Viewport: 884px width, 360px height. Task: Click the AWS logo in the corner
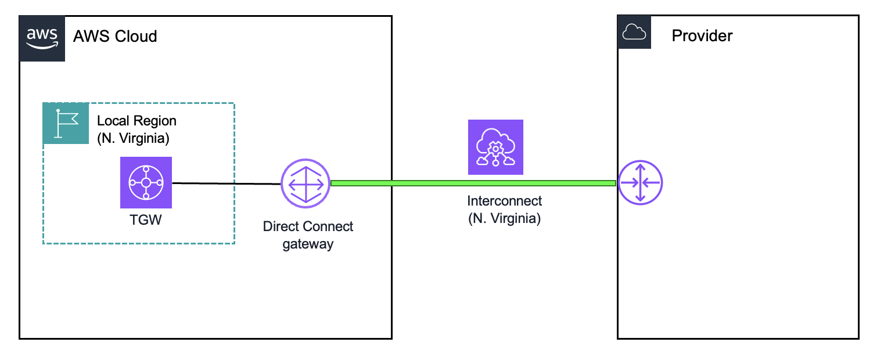click(42, 38)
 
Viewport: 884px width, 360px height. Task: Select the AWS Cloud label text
click(115, 37)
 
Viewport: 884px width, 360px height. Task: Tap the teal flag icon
click(65, 124)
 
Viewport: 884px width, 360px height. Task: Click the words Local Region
click(136, 121)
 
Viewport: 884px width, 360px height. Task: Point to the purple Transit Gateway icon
click(146, 182)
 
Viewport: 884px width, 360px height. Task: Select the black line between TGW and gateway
click(227, 183)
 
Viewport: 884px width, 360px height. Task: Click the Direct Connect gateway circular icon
click(306, 183)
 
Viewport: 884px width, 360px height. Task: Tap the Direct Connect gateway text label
click(308, 235)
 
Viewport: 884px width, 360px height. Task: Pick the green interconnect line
click(473, 183)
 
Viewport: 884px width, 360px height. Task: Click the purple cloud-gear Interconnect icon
click(495, 147)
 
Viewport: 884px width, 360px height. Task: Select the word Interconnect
click(504, 201)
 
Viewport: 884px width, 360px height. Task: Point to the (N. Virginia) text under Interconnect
click(504, 219)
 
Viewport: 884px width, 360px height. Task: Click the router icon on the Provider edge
click(640, 183)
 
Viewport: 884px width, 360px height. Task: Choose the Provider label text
click(702, 35)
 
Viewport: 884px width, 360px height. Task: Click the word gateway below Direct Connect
click(308, 244)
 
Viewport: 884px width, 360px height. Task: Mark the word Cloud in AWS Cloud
click(136, 37)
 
